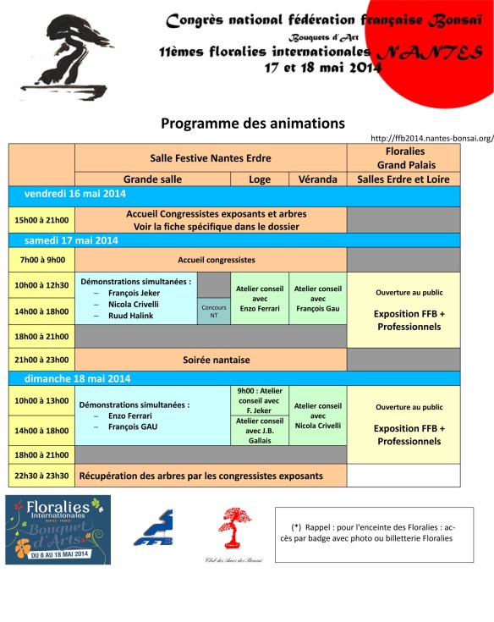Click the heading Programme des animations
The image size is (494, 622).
[x=252, y=124]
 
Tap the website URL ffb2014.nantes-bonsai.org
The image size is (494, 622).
[x=432, y=138]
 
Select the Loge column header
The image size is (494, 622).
[x=260, y=179]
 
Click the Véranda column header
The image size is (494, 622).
[x=317, y=179]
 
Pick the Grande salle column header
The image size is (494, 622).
[x=152, y=179]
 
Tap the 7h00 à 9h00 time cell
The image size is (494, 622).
[x=41, y=260]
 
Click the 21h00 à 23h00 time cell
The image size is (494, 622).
[x=41, y=360]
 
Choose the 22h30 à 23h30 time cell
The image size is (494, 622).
[x=41, y=476]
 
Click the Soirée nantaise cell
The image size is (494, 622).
[x=210, y=360]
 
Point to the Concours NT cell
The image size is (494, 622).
[x=213, y=311]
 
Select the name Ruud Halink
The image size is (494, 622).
[x=130, y=316]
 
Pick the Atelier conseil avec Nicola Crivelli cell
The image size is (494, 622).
[x=317, y=416]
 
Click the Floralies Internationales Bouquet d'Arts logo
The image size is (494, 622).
[x=58, y=530]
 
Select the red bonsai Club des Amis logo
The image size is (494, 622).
[x=234, y=529]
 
